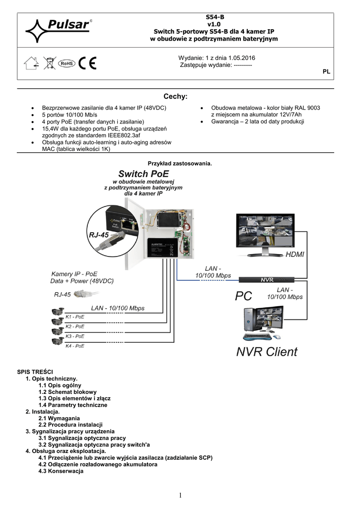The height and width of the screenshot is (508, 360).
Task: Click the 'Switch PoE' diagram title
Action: pyautogui.click(x=144, y=174)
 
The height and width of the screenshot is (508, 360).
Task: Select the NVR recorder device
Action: pyautogui.click(x=267, y=280)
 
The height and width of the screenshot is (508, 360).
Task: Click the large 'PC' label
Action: pyautogui.click(x=243, y=296)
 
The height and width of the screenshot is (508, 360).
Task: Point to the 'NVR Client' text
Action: pyautogui.click(x=266, y=352)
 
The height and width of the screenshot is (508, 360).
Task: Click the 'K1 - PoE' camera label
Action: pyautogui.click(x=75, y=316)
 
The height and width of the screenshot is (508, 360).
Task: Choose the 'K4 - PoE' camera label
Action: pyautogui.click(x=75, y=346)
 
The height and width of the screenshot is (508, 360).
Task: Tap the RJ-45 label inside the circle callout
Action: pyautogui.click(x=99, y=235)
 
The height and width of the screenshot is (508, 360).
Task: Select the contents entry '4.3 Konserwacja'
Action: pyautogui.click(x=61, y=471)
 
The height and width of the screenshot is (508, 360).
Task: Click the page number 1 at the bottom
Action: pyautogui.click(x=180, y=495)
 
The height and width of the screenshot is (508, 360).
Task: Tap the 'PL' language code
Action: pyautogui.click(x=326, y=72)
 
